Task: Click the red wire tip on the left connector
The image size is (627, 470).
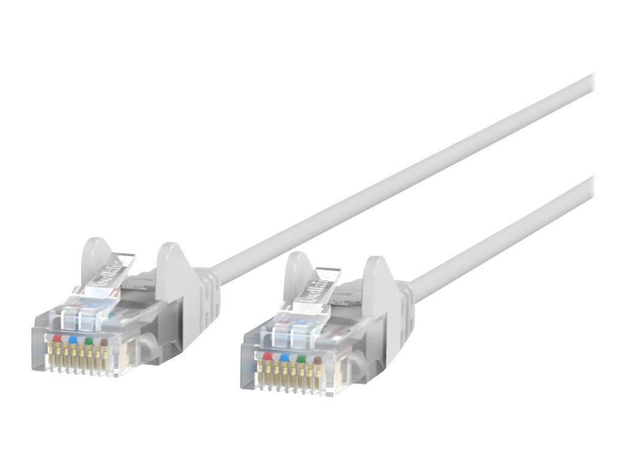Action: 58,337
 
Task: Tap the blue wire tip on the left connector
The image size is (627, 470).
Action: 73,338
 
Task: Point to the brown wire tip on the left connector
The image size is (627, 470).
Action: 103,341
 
